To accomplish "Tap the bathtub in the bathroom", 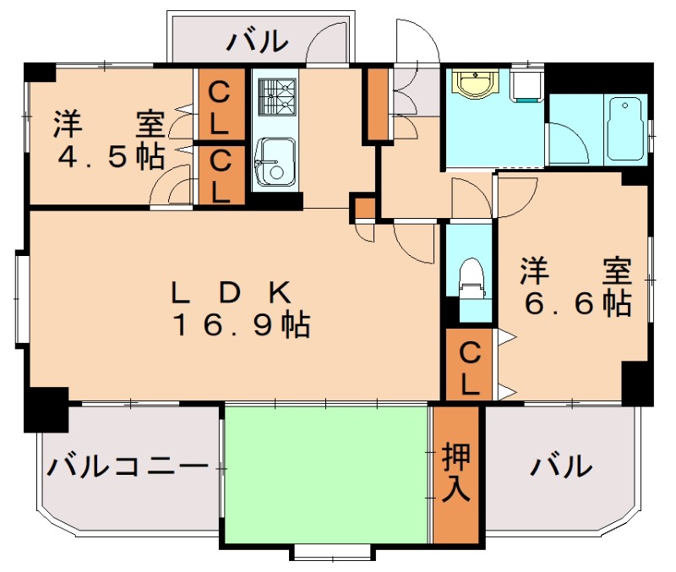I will [x=625, y=128].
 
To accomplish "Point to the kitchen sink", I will [x=274, y=161].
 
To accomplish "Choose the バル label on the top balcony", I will [x=258, y=40].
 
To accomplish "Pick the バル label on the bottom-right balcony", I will [x=561, y=465].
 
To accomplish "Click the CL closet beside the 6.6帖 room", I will [x=471, y=365].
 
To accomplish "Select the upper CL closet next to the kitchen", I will [x=221, y=106].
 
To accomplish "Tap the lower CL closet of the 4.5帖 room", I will [x=221, y=175].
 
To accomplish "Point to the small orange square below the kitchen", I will [x=365, y=207].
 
